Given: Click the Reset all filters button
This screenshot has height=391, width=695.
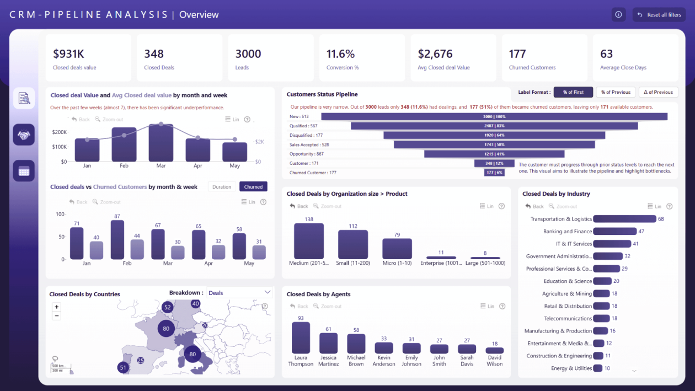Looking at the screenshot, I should pos(659,15).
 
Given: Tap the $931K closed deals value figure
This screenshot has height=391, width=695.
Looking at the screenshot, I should pos(68,54).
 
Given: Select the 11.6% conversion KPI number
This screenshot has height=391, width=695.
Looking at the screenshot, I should pos(340,54).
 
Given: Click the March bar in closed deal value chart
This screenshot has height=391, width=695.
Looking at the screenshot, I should pos(161,143).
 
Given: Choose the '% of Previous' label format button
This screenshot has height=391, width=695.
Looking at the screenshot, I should pos(616,92).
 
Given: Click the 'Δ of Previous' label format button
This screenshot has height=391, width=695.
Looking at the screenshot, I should pos(659,92).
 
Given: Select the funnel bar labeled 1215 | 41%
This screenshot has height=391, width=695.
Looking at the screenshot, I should pos(494,154).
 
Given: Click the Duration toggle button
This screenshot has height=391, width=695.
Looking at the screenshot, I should pos(222,187).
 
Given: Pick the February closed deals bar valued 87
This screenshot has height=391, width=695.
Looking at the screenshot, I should pos(117,240).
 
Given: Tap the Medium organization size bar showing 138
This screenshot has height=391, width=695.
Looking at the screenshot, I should pos(309,242).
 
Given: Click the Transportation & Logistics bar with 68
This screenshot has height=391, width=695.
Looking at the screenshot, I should pos(624,219).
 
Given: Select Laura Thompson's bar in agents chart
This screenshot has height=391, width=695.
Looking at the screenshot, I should pos(301,338).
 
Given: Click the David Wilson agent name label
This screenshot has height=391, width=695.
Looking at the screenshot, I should pos(494,361).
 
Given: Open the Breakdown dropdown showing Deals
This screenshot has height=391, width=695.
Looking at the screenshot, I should pos(239,293).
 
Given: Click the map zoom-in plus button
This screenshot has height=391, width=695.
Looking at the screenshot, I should pos(56,307).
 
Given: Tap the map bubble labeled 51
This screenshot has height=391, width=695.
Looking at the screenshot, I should pos(123,367).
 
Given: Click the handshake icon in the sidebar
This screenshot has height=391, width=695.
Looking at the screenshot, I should pos(24,135).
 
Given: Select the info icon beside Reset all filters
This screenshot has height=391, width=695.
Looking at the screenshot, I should pos(618,15).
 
